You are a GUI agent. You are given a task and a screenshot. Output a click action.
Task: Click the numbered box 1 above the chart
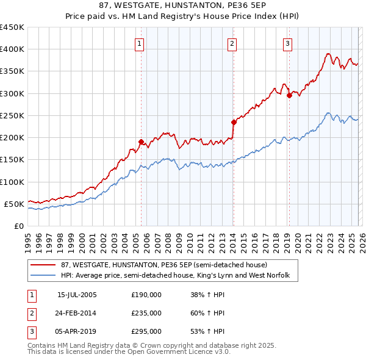(x=140, y=43)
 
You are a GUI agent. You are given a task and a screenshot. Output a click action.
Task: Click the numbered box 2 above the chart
(x=233, y=43)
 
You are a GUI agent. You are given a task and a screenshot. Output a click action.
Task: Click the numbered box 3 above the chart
(x=287, y=43)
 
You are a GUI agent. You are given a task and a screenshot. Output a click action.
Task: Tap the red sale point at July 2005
(x=141, y=142)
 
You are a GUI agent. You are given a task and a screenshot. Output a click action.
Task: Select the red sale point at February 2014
(x=234, y=122)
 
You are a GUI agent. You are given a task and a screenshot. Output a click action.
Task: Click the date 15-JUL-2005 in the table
(x=77, y=295)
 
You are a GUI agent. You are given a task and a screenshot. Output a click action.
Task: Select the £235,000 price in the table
(x=146, y=313)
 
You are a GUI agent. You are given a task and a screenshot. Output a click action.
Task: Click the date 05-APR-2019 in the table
(x=77, y=331)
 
